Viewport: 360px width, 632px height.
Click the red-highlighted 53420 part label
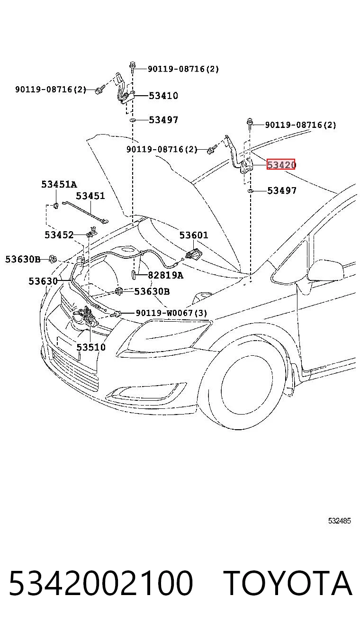281,164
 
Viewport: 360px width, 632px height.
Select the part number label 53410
163,96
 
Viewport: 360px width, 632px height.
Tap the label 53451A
59,184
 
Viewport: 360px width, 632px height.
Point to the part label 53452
59,235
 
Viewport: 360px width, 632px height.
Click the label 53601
194,235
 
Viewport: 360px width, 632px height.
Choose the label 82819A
166,275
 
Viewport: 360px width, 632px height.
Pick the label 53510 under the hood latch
91,347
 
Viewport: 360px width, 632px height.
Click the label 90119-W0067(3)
171,313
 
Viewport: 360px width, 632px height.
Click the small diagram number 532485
340,521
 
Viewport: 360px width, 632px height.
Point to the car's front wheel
246,389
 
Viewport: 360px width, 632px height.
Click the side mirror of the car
325,271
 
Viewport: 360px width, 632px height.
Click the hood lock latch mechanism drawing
86,316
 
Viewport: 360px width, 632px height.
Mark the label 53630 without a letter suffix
43,281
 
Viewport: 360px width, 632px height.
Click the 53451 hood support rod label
90,196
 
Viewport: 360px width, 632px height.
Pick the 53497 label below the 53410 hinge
163,120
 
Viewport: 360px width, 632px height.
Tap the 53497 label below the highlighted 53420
282,190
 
